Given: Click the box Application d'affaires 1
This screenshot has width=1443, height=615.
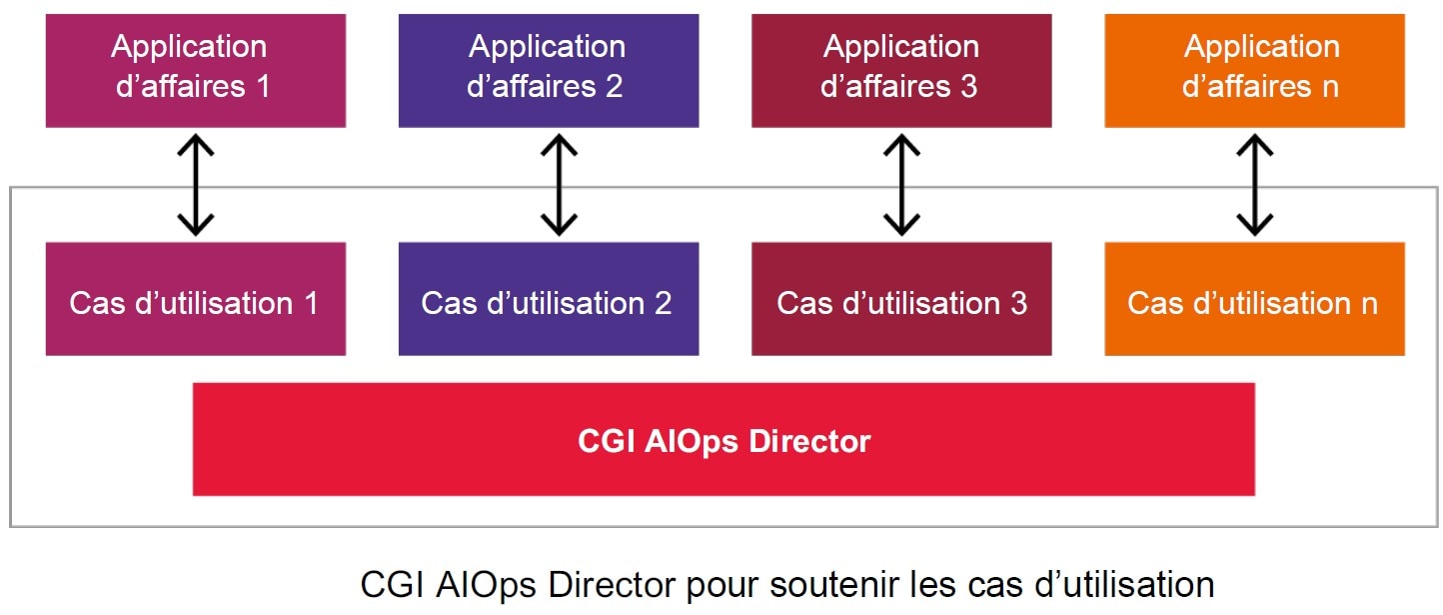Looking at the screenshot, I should coord(195,70).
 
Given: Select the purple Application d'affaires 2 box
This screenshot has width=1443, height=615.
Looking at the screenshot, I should coord(548,70).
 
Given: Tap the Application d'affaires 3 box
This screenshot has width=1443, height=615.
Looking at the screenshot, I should coord(900,70).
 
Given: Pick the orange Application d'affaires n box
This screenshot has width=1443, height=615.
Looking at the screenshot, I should coord(1254,70).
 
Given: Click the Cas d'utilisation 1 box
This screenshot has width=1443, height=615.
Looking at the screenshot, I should coord(195,299).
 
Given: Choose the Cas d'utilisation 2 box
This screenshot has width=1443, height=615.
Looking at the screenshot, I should coord(548,299).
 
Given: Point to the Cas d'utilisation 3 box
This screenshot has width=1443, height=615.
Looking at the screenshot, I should coord(900,299).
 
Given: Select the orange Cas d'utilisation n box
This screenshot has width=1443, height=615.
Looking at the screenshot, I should coord(1254,299).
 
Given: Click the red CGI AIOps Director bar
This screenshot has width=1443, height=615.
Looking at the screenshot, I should coord(723,439).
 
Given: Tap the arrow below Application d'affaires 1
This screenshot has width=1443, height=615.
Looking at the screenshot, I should coord(195,184).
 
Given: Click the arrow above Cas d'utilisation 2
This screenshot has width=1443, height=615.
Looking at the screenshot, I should coord(559,184).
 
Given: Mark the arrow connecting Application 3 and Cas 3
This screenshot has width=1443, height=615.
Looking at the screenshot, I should coord(901,184).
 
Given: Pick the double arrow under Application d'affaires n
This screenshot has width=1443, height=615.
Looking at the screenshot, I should coord(1254,184).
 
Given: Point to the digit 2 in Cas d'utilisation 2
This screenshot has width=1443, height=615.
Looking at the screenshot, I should coord(663,303).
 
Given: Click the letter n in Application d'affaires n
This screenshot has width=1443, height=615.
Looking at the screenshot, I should coord(1329,87).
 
